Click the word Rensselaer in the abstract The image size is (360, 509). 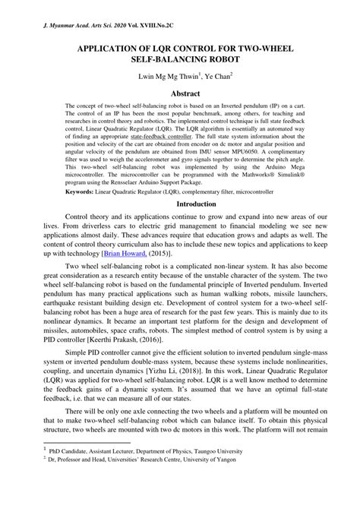pyautogui.click(x=148, y=182)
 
